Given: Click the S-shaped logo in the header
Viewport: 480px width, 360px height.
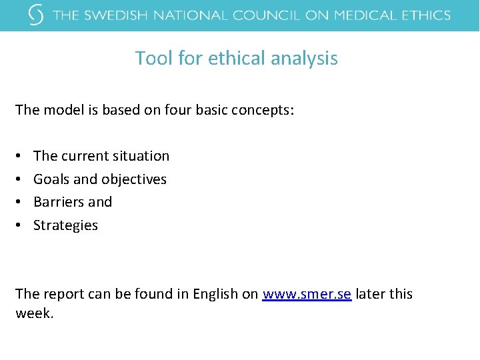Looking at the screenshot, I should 37,15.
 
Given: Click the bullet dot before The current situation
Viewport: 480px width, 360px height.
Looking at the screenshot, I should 19,156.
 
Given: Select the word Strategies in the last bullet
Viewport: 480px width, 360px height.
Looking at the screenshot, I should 65,225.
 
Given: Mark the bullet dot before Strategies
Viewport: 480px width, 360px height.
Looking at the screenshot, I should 19,225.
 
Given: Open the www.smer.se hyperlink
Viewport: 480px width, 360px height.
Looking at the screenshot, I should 307,294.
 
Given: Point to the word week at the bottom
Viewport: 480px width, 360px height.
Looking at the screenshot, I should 33,313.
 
